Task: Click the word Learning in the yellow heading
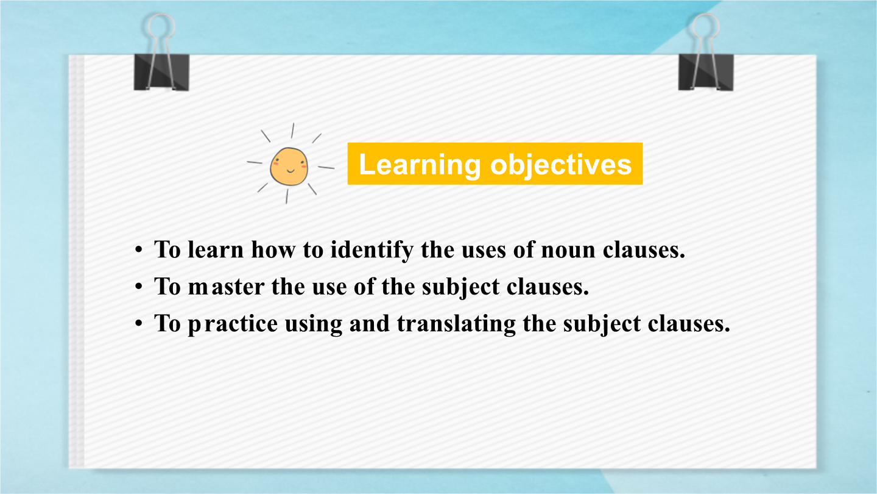pyautogui.click(x=420, y=165)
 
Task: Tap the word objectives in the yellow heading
pyautogui.click(x=561, y=165)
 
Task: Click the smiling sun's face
pyautogui.click(x=289, y=166)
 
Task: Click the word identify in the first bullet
pyautogui.click(x=372, y=250)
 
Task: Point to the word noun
pyautogui.click(x=568, y=251)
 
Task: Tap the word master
pyautogui.click(x=227, y=287)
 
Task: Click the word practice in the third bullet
pyautogui.click(x=233, y=324)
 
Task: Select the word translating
pyautogui.click(x=457, y=324)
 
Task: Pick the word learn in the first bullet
pyautogui.click(x=216, y=249)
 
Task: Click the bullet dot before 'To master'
pyautogui.click(x=139, y=287)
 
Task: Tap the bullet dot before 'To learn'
pyautogui.click(x=139, y=250)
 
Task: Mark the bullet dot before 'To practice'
pyautogui.click(x=139, y=324)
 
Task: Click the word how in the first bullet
pyautogui.click(x=273, y=249)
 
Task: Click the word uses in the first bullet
pyautogui.click(x=484, y=251)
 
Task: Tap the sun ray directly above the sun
pyautogui.click(x=292, y=131)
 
